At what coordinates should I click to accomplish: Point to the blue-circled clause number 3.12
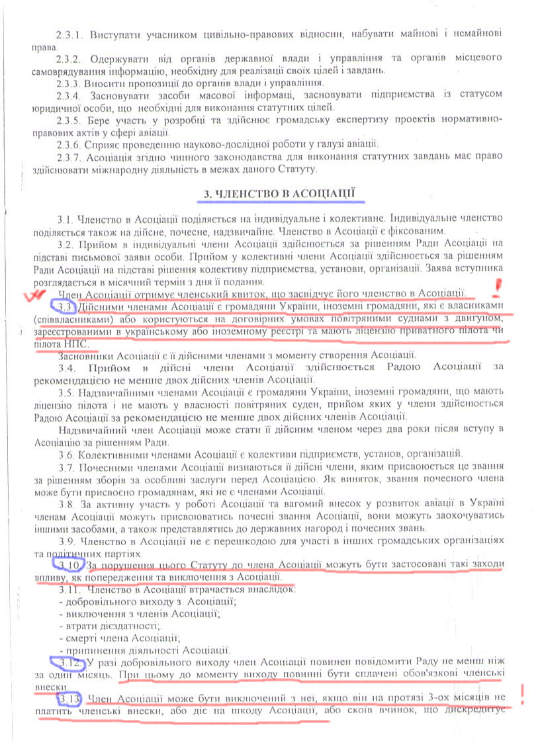(68, 662)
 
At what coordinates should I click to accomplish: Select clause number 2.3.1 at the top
(69, 33)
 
